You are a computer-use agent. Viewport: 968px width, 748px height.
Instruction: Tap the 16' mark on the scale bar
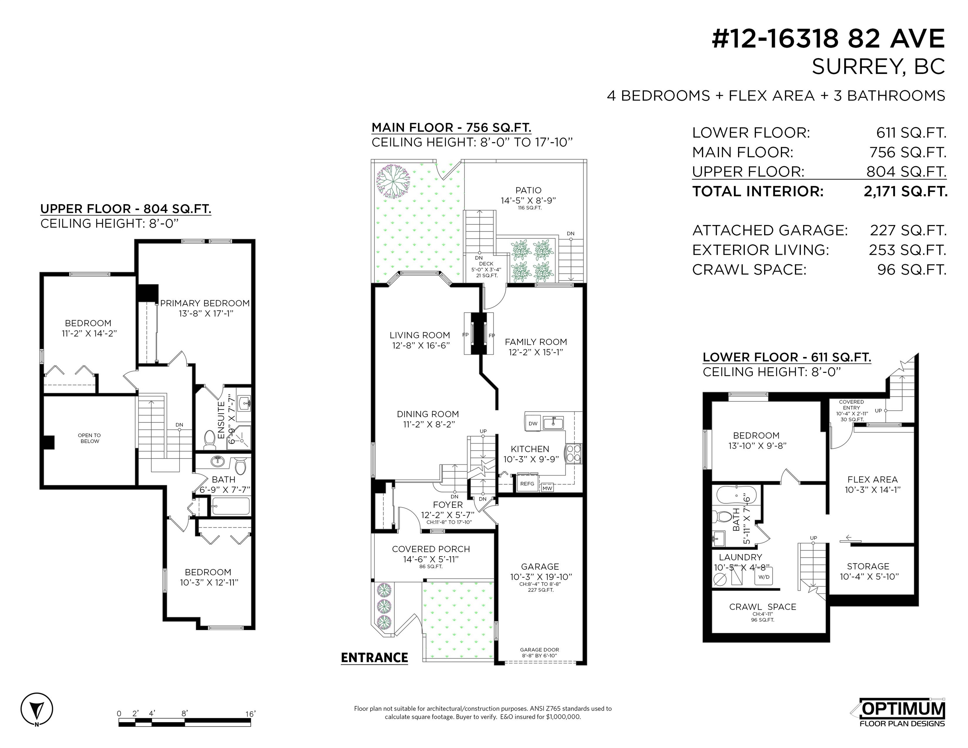coord(250,714)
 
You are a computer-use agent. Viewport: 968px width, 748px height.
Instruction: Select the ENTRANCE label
coord(374,658)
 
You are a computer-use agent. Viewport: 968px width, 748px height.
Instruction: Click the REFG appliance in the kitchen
coord(527,483)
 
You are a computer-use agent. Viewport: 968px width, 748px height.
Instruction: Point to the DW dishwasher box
coord(533,423)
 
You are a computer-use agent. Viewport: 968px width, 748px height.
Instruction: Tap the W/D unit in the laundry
coord(764,577)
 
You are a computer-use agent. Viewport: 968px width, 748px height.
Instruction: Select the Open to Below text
coord(90,438)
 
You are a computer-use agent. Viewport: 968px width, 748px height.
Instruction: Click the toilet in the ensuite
coord(210,439)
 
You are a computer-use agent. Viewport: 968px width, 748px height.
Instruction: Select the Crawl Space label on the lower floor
coord(762,607)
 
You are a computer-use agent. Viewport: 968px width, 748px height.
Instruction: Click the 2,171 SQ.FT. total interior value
coord(906,192)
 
